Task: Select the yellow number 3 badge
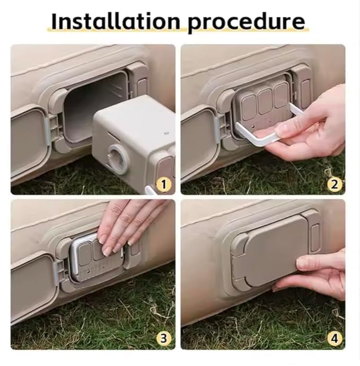(164, 337)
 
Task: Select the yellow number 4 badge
(334, 337)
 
